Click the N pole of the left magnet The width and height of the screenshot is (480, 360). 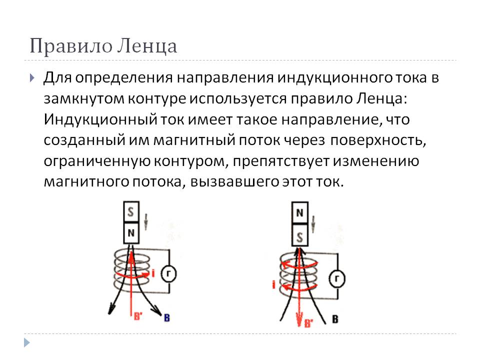[131, 231]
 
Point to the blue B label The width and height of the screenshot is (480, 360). [166, 316]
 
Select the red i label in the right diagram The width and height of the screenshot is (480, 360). [273, 284]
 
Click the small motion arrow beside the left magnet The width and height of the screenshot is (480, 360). [146, 220]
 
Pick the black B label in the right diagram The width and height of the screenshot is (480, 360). [335, 318]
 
